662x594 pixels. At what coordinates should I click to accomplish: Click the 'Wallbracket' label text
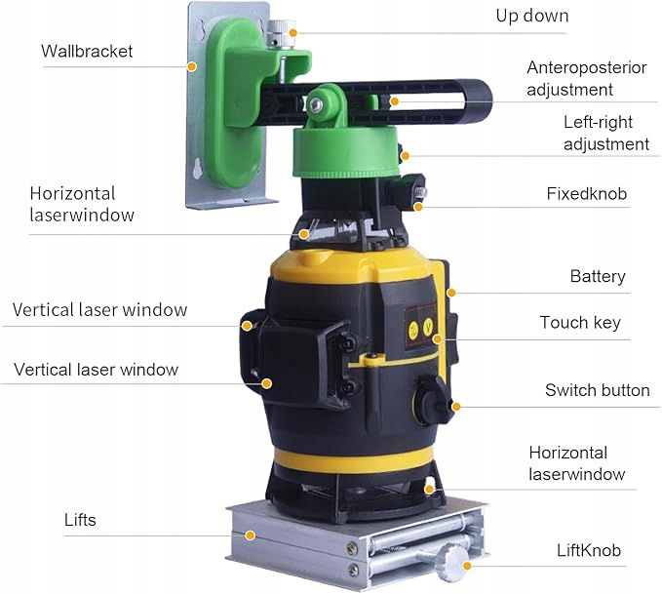pos(87,51)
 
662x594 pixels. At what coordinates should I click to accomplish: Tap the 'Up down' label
pos(532,16)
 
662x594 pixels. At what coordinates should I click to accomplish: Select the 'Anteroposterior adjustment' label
pos(586,79)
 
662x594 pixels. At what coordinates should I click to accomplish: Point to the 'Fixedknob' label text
pos(586,194)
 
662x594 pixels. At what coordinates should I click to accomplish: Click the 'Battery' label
pos(598,277)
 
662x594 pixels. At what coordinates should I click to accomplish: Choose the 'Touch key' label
pos(580,323)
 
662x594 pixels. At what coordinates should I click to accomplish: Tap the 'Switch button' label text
pos(597,390)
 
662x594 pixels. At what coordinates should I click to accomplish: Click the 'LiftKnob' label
pos(589,550)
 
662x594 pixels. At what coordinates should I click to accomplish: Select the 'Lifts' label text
pos(80,520)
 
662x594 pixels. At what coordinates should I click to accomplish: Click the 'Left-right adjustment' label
pos(606,133)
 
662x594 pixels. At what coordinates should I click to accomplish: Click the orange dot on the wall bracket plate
pos(192,66)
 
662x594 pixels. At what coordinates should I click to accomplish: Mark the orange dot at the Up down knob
pos(293,33)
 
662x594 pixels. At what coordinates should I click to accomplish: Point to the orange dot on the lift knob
pos(467,566)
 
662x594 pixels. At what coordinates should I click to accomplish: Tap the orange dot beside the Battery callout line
pos(451,293)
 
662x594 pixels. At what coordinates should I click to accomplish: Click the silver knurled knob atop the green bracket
pos(281,33)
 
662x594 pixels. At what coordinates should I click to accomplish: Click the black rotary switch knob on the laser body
pos(433,400)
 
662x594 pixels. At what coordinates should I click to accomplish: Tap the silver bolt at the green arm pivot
pos(316,104)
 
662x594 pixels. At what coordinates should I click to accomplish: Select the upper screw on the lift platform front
pos(352,548)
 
